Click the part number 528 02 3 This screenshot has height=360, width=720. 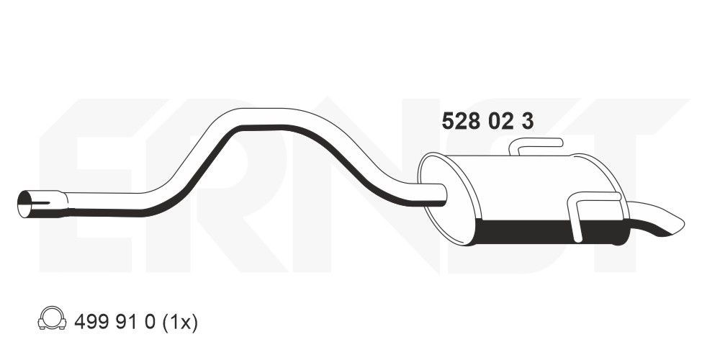click(487, 122)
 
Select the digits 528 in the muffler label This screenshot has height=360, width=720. click(457, 122)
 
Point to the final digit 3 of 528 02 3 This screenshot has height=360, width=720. click(528, 122)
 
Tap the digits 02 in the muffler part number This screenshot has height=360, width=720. click(498, 122)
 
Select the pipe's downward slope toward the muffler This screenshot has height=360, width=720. click(353, 162)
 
